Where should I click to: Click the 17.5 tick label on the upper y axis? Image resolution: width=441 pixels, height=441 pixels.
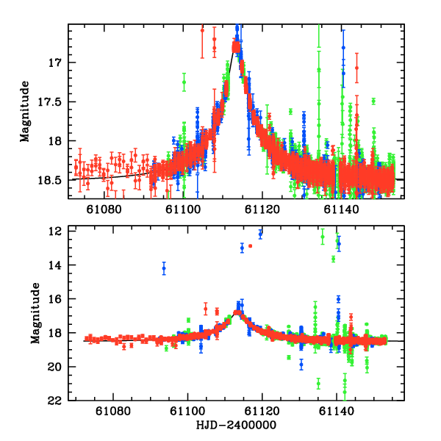click(x=52, y=101)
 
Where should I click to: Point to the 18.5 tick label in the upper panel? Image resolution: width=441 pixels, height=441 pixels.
click(x=52, y=179)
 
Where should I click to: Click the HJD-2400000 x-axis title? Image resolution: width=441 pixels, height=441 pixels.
click(x=237, y=426)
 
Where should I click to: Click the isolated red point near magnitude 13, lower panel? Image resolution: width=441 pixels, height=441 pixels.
click(x=251, y=245)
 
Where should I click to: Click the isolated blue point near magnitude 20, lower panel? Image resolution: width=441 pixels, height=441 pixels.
click(x=301, y=363)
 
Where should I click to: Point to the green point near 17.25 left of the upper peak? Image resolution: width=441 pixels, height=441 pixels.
click(x=184, y=82)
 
